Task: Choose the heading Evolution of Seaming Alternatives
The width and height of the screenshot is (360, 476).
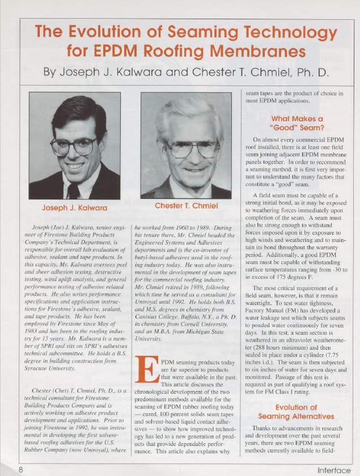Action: point(297,412)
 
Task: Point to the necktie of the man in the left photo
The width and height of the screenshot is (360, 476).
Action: point(73,190)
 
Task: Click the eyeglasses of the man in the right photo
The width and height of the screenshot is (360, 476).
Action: point(193,149)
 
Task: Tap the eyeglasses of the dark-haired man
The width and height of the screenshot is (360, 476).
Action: point(74,146)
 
